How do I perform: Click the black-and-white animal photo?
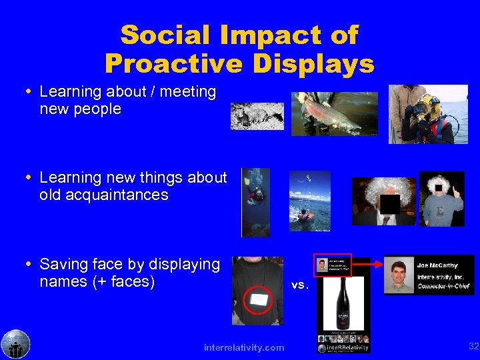coord(257,116)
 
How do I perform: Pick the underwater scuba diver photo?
coord(256,201)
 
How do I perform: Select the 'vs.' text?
coord(301,285)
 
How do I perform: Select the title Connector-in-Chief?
coord(444,286)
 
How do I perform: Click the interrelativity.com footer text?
coord(244,347)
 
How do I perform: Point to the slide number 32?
coord(473,346)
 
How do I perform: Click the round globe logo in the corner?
coord(15,344)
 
